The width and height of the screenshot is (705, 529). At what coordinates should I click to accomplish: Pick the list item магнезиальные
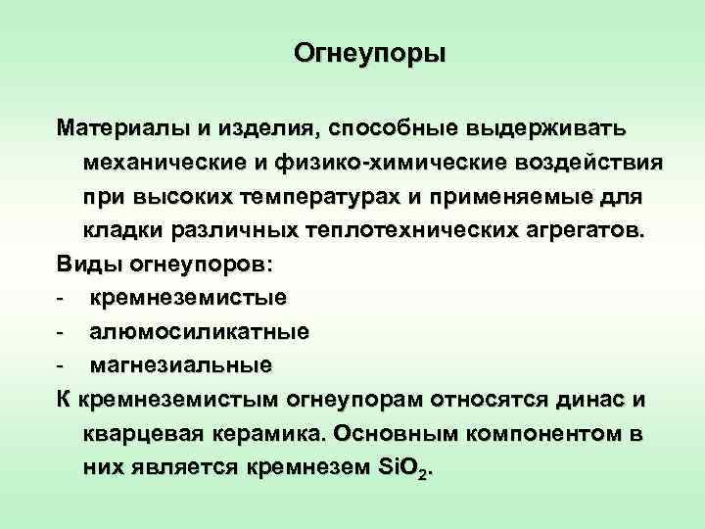click(181, 366)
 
